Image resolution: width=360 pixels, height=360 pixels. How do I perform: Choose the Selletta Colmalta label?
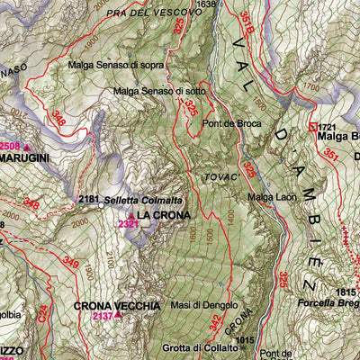click(143, 199)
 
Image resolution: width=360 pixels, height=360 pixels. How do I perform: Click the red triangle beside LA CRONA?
click(130, 216)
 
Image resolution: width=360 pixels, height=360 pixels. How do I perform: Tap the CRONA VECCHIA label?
click(117, 306)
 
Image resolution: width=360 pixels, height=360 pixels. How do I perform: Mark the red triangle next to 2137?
click(118, 316)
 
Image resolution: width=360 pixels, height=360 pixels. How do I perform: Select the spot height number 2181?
click(88, 199)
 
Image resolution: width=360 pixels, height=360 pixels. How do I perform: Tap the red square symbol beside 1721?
click(313, 127)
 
